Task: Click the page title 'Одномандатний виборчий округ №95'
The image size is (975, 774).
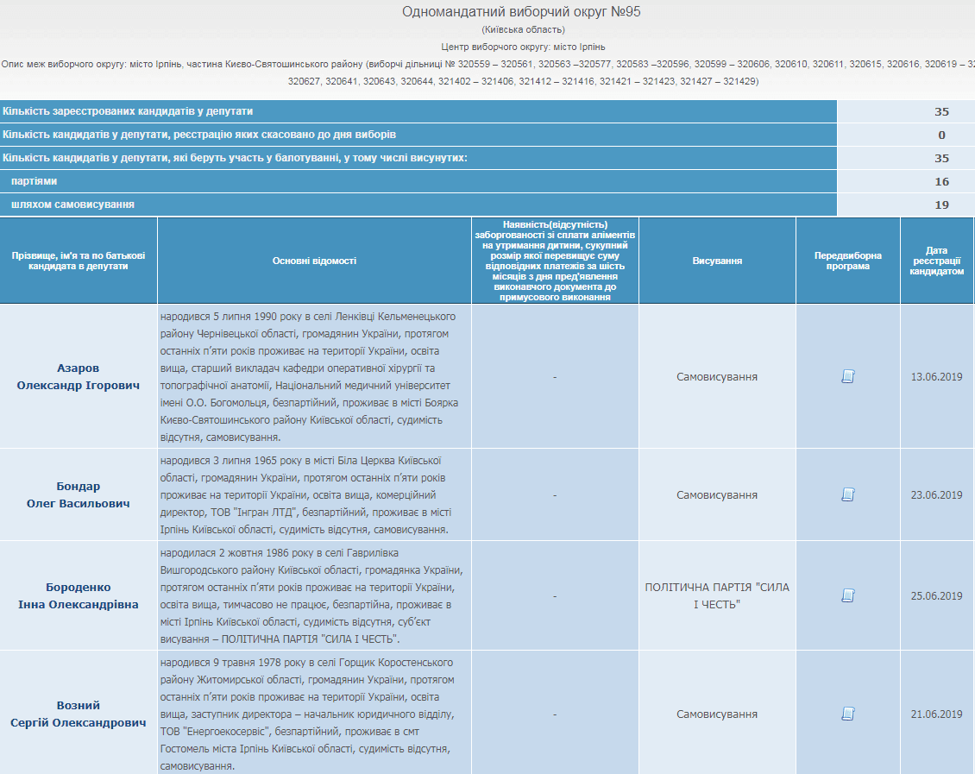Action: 521,12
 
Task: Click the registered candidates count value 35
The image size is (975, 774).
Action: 941,111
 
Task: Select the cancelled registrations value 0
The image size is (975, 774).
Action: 941,135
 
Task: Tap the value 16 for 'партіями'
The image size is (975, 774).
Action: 941,181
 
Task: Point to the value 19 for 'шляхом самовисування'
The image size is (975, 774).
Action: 941,205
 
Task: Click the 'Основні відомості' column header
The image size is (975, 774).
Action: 314,261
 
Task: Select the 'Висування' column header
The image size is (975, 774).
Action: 717,261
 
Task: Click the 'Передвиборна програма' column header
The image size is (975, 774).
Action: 848,261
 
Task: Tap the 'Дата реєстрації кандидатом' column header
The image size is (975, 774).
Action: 938,261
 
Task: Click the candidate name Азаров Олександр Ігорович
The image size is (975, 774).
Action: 79,376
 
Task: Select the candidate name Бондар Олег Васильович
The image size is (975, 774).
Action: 79,494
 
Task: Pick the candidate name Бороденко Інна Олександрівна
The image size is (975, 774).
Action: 79,595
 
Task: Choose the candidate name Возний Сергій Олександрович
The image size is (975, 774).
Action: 79,714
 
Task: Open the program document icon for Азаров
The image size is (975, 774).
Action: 848,376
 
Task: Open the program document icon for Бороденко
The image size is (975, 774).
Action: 848,595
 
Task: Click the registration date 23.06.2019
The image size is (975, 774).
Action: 936,495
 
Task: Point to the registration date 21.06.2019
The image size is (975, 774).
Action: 936,714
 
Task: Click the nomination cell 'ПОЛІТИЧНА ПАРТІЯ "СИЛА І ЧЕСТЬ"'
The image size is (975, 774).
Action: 717,595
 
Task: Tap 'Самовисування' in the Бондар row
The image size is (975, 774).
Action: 717,495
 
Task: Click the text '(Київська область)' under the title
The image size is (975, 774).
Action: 523,30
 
